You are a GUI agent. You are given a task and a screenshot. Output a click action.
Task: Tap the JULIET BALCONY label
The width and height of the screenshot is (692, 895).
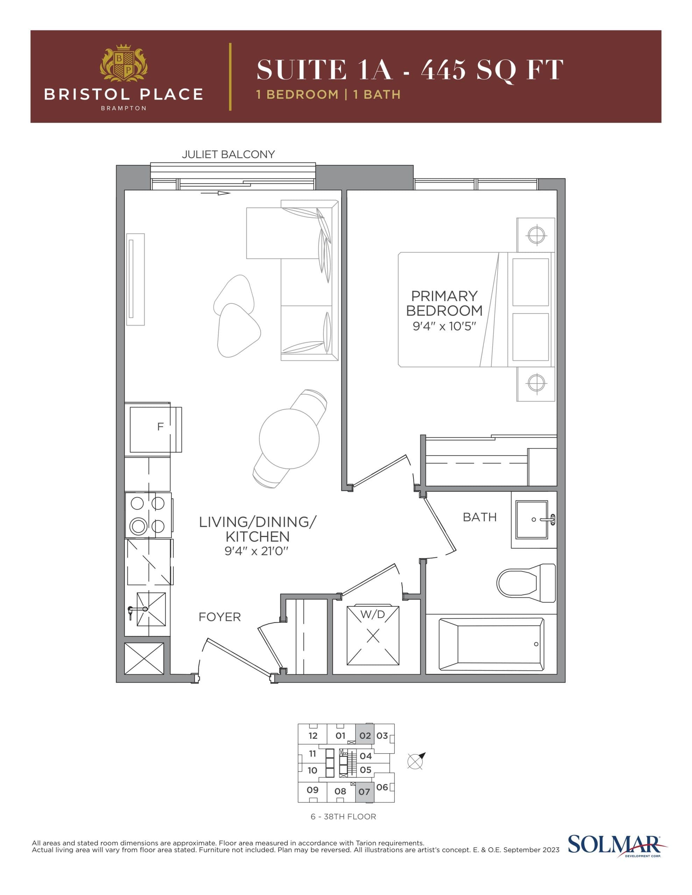pyautogui.click(x=228, y=155)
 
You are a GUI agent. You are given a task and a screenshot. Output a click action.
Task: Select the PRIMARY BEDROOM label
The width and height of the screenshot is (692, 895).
pyautogui.click(x=444, y=303)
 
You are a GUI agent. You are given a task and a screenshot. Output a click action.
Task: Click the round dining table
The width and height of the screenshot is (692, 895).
pyautogui.click(x=289, y=438)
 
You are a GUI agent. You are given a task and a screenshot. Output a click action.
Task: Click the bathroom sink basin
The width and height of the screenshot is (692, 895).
pyautogui.click(x=532, y=519)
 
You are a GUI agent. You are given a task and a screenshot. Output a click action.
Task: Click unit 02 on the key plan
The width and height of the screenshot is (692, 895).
pyautogui.click(x=365, y=736)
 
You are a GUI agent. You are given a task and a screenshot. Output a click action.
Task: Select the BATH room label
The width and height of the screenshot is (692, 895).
pyautogui.click(x=480, y=517)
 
